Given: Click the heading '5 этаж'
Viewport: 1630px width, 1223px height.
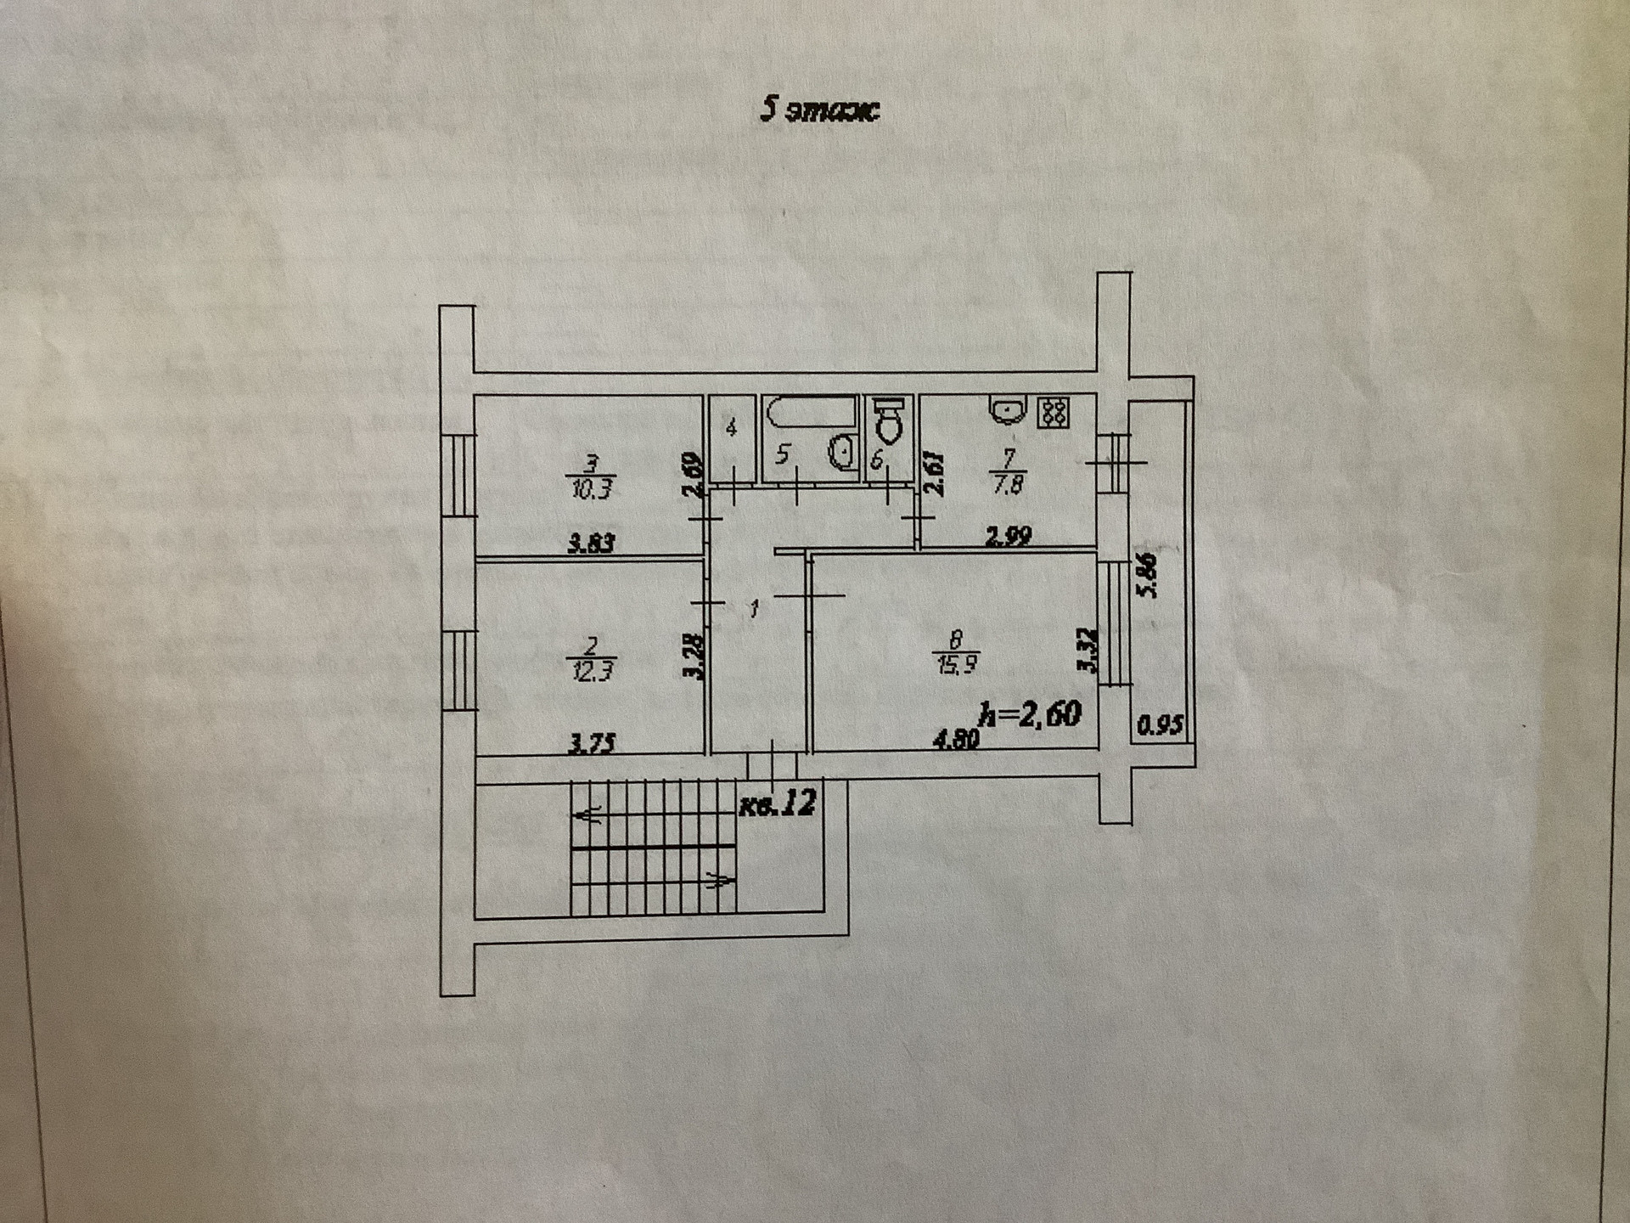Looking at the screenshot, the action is (x=819, y=111).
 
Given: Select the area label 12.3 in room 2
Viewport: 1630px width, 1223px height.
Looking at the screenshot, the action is (x=593, y=671).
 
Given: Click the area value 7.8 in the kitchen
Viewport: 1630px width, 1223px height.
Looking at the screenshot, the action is (x=1009, y=487).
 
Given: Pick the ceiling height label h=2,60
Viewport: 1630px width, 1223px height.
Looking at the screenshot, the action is (x=1031, y=714).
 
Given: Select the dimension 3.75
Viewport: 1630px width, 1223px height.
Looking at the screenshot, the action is (x=592, y=744).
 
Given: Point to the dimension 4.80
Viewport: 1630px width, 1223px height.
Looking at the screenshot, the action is (x=956, y=740).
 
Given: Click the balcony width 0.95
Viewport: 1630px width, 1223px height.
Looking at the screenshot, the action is (x=1160, y=727).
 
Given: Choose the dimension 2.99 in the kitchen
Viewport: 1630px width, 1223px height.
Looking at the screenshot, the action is (x=1008, y=536).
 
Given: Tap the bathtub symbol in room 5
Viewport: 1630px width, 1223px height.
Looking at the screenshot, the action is (x=812, y=414).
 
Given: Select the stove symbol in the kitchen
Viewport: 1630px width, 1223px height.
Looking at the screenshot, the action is (x=1054, y=413).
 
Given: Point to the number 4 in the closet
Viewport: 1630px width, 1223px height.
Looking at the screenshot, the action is (x=732, y=428).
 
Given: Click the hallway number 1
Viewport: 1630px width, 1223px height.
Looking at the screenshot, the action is (x=754, y=608).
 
